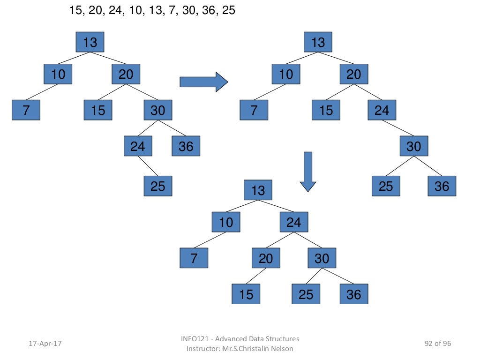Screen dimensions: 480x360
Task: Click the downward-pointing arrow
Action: click(308, 172)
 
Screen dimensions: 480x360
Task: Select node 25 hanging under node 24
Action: click(157, 186)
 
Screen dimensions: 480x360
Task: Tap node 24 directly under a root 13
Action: click(294, 222)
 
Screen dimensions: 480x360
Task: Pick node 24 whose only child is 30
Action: click(382, 110)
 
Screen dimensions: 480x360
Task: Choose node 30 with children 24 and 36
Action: click(157, 110)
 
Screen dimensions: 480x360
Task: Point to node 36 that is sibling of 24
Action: click(186, 146)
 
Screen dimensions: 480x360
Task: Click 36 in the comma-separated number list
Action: click(210, 10)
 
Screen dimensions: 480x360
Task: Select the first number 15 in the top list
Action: click(75, 10)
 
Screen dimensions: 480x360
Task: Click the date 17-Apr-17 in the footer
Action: click(45, 344)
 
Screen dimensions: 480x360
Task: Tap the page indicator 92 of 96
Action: click(437, 344)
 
